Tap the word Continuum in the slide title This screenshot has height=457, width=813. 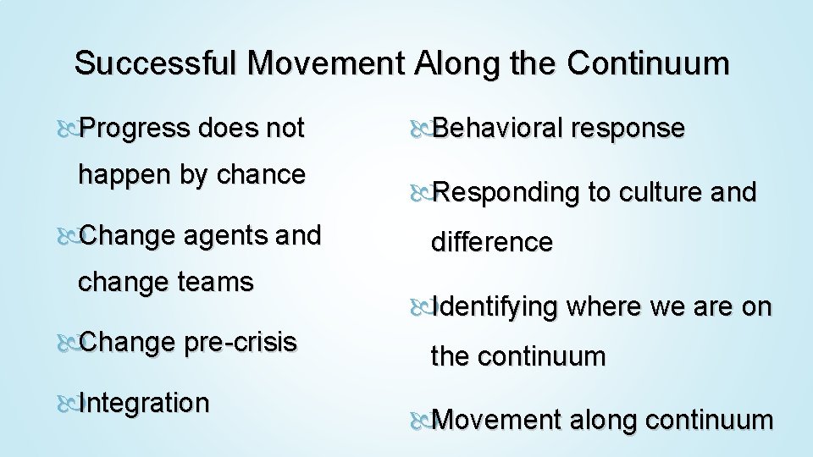pos(648,63)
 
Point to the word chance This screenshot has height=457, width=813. pos(261,175)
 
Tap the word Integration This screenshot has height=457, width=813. pos(143,403)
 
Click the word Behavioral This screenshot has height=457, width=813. pos(498,129)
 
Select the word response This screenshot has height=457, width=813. pos(628,129)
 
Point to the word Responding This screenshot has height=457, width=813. pos(506,193)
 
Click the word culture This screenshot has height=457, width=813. pos(658,193)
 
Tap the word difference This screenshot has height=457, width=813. pos(492,243)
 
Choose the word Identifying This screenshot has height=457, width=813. pos(495,307)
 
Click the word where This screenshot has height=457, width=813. pos(604,307)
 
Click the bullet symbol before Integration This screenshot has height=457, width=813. pos(69,404)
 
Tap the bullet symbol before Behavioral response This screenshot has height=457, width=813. pos(421,129)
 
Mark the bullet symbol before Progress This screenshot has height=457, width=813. pos(69,129)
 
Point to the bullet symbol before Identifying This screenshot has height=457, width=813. pos(421,308)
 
